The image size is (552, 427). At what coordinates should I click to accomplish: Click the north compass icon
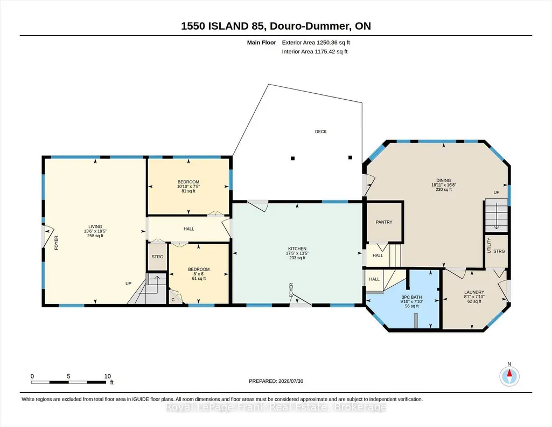point(509,376)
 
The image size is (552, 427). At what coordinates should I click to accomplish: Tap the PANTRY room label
point(384,222)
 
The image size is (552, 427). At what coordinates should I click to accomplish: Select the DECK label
point(321,132)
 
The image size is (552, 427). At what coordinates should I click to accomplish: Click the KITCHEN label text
point(297,249)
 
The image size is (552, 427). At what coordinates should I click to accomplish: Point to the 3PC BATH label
point(411,297)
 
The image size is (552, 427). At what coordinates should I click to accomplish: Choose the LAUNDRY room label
point(474,292)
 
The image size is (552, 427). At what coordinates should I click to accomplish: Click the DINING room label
point(444,181)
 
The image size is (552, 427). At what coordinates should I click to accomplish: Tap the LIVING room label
point(95,226)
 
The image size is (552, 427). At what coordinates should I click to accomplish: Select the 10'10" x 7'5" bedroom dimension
point(188,187)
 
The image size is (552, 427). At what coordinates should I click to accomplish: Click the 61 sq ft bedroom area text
point(199,278)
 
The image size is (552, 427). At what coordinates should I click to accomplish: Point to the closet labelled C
point(173,300)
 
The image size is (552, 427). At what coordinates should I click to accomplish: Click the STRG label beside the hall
point(157,257)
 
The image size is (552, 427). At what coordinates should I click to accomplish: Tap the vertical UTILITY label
point(488,245)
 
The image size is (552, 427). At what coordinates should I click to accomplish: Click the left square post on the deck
point(292,159)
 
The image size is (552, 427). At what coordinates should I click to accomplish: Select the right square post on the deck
point(350,157)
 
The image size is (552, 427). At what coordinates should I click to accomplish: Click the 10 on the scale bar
point(108,376)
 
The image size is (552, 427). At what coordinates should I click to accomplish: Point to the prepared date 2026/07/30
point(291,381)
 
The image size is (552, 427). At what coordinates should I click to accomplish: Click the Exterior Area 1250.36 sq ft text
point(316,43)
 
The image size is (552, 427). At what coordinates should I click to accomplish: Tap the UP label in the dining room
point(497,192)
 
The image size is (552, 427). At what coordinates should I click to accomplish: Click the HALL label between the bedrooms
point(188,229)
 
